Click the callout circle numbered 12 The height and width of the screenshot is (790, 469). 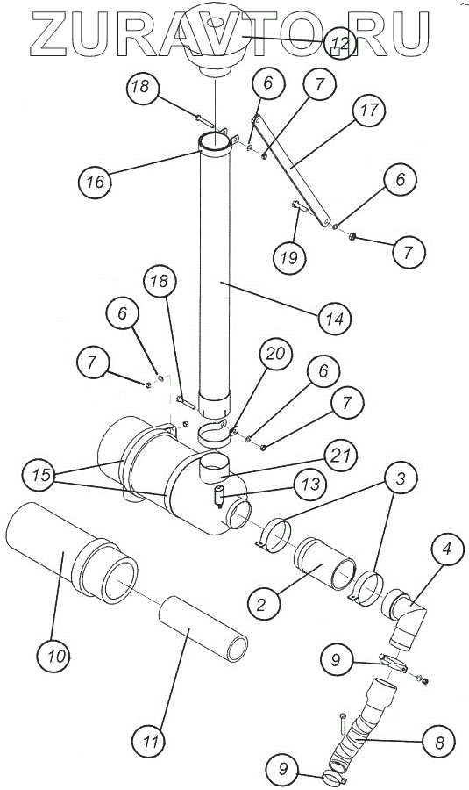coord(340,43)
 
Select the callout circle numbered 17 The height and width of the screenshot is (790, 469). coord(369,110)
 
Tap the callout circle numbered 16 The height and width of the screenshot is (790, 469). coord(95,182)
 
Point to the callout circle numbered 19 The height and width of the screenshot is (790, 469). coord(289,258)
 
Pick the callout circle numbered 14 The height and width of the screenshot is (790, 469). coord(335,319)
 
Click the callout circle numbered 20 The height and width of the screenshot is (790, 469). coord(276,354)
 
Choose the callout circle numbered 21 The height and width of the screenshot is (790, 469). coord(341,456)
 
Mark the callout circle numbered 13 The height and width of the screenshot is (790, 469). coord(310,485)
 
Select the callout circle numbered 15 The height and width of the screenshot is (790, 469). coord(41,475)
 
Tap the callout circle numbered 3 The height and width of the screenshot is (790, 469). coord(401,479)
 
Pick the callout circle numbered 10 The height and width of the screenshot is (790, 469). coord(53,656)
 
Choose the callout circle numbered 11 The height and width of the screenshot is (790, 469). coord(148,742)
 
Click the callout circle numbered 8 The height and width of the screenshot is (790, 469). coord(439,742)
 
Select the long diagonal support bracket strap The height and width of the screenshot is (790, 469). coord(291,170)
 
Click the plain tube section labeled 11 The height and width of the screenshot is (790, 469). coord(203,628)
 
